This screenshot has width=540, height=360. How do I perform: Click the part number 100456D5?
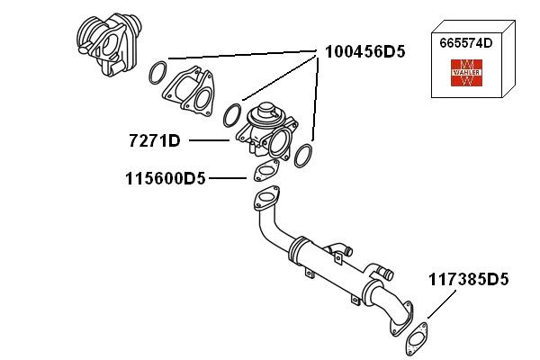[x=364, y=52]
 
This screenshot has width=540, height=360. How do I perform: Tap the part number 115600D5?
[x=166, y=178]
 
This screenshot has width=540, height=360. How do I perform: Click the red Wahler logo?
[x=467, y=73]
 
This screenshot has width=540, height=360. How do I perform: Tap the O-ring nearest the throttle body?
[x=157, y=69]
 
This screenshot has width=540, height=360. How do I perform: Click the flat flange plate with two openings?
[x=189, y=89]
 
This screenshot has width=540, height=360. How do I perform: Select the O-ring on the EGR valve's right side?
[x=303, y=155]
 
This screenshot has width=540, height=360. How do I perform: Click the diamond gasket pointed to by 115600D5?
[x=265, y=171]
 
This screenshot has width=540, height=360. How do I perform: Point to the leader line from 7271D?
[x=211, y=140]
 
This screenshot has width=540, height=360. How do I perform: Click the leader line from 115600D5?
[x=228, y=178]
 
